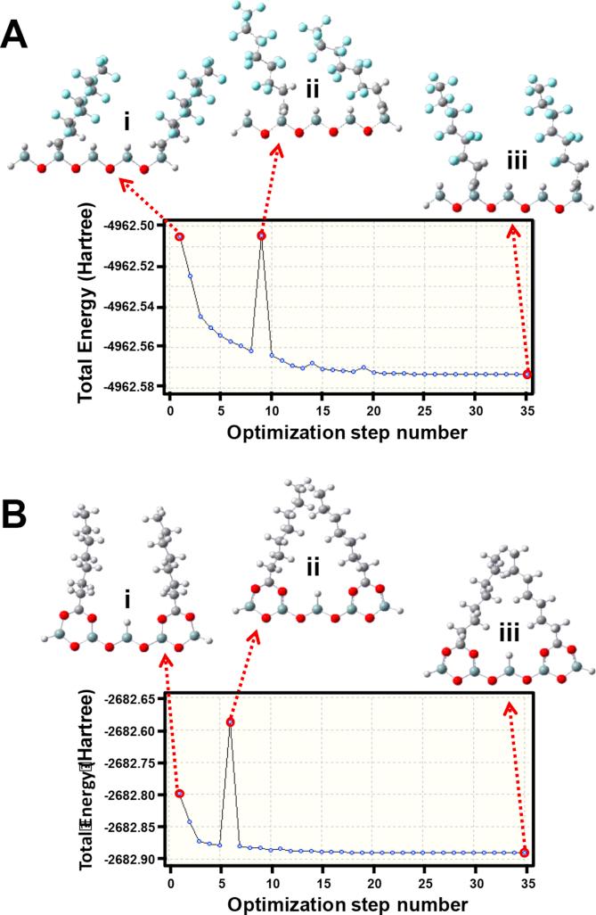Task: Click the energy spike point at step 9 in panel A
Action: (262, 235)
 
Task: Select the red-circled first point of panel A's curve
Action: (180, 236)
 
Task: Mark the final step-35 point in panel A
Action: (527, 375)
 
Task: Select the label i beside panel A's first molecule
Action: (127, 119)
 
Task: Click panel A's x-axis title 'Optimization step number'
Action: (348, 434)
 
